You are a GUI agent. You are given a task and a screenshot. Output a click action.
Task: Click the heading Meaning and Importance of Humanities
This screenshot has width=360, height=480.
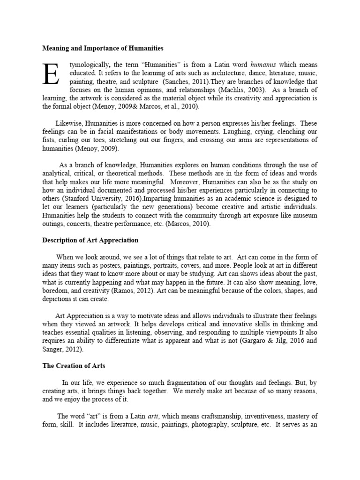(x=103, y=48)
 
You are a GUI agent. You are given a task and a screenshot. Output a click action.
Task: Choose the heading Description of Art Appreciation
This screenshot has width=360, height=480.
(x=90, y=240)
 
